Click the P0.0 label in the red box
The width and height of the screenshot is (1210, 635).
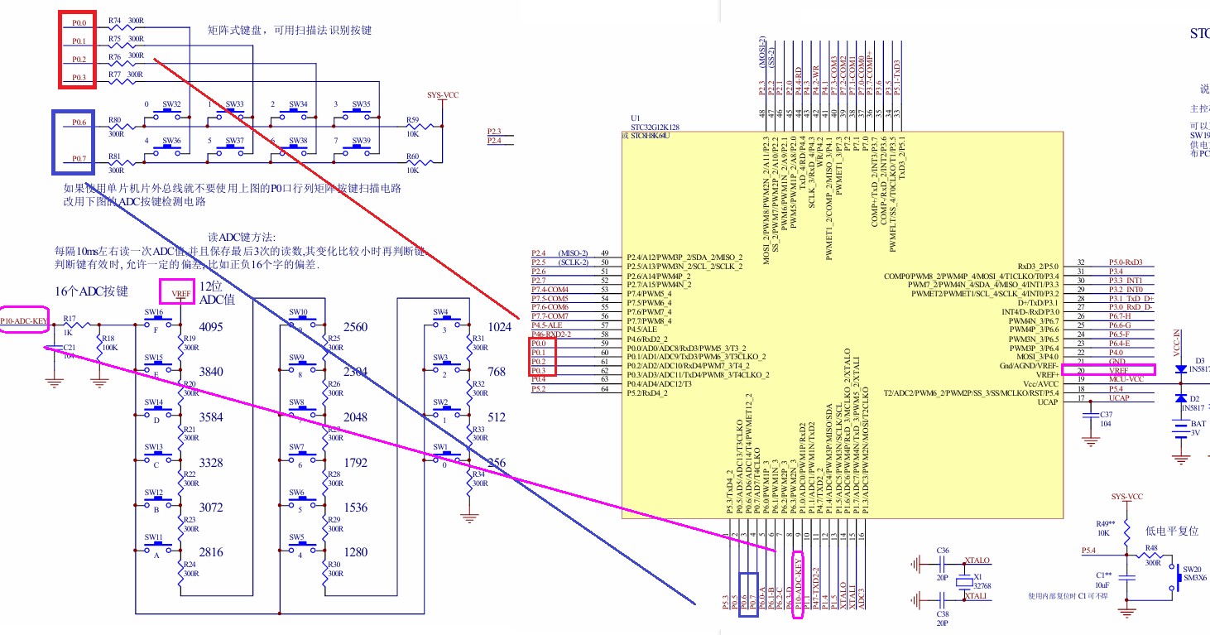pos(79,22)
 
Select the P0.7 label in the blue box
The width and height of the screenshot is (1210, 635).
pos(79,158)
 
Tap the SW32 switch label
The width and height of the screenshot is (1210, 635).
pos(171,105)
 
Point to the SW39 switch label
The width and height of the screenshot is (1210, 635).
pos(361,141)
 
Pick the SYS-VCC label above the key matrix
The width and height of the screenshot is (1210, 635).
pos(443,95)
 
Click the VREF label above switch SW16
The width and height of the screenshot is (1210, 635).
pos(181,293)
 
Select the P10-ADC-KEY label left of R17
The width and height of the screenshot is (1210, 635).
pos(23,320)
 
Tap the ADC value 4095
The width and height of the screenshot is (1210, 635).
pos(212,327)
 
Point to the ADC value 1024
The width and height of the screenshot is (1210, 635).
pos(499,327)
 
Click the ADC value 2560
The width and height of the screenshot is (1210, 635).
pos(355,327)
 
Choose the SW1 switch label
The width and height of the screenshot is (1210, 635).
pos(439,447)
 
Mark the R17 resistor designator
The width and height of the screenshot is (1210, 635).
pos(70,318)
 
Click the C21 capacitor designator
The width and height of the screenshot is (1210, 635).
pos(70,347)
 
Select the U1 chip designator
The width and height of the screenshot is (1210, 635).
pos(636,118)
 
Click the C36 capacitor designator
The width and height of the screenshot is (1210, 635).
pos(943,551)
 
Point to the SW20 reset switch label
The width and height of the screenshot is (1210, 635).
pos(1192,570)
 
